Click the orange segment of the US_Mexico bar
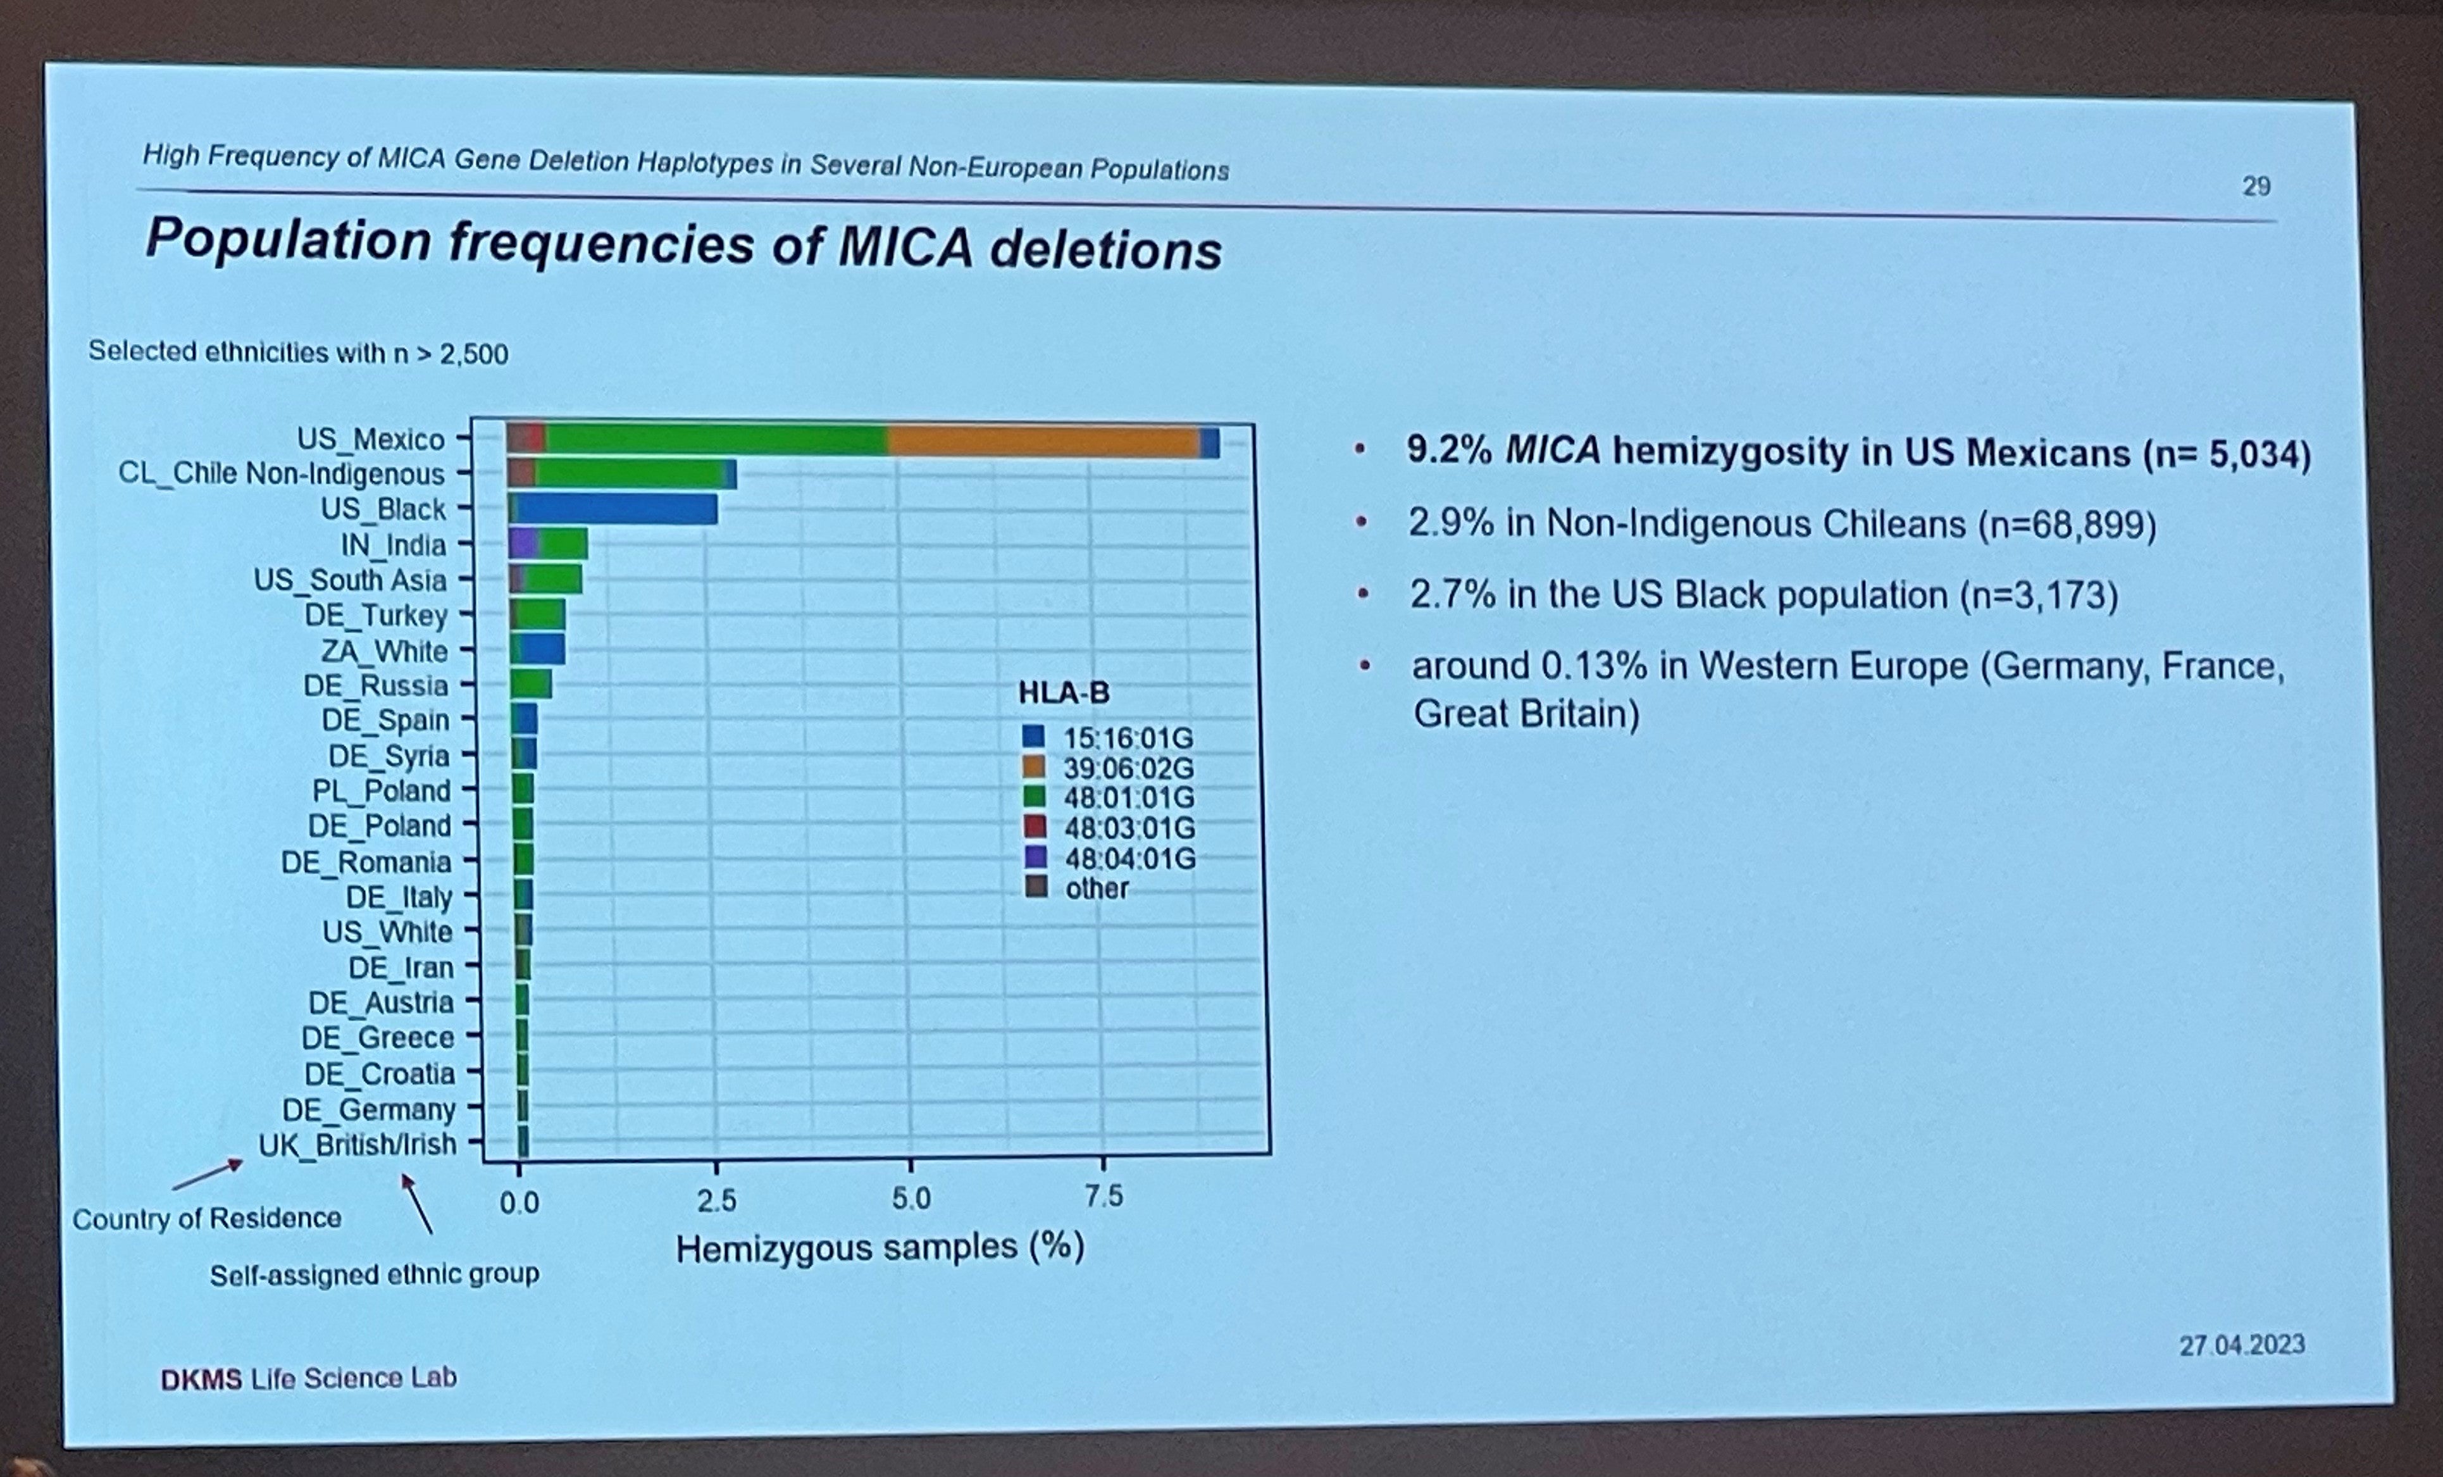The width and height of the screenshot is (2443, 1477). point(1041,441)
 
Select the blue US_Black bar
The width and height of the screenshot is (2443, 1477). point(615,509)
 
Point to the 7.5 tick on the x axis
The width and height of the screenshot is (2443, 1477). point(1103,1197)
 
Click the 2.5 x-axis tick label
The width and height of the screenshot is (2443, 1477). point(716,1200)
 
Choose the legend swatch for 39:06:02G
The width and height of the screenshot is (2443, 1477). point(1034,766)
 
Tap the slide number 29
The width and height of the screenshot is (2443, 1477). point(2256,186)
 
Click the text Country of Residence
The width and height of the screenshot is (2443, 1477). point(206,1218)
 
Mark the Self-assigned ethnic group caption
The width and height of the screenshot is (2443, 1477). point(374,1274)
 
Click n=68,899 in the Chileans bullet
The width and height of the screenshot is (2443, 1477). point(2067,525)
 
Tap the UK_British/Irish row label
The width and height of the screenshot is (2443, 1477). point(357,1145)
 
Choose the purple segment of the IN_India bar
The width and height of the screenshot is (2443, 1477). point(523,544)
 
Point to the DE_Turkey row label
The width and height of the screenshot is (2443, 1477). point(376,616)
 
